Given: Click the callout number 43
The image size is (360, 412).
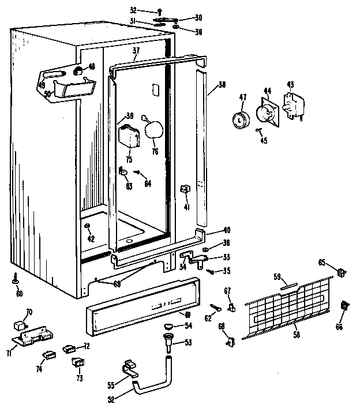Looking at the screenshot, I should coord(290,85).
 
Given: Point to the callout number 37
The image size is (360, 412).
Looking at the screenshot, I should coord(136,51).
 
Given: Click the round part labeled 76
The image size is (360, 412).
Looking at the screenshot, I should coord(153,130).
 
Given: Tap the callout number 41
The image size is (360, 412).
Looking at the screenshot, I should coord(186,207).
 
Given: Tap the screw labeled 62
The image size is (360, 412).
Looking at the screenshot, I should coord(216,306).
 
